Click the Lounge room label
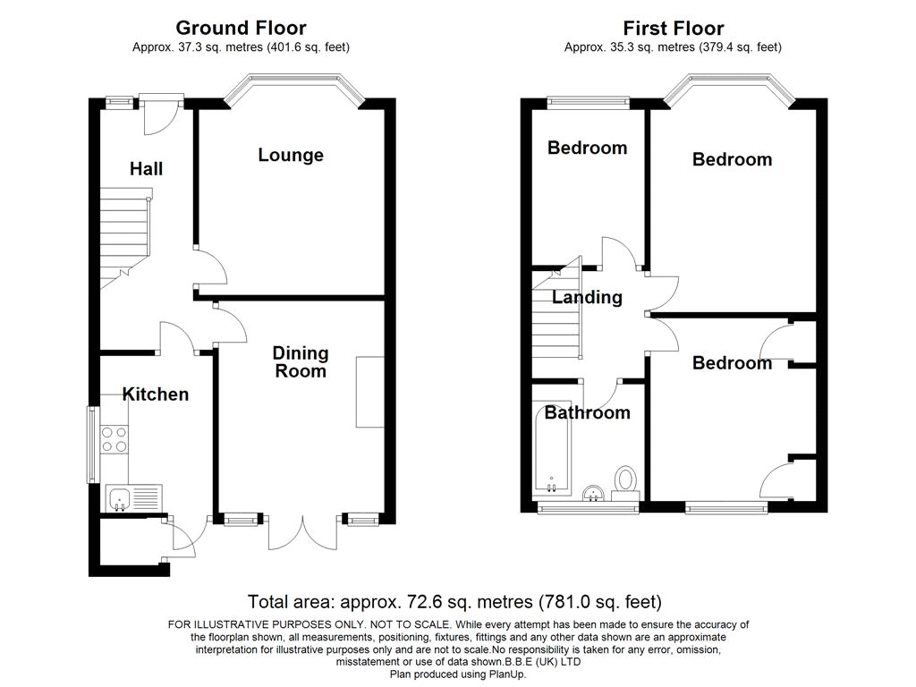click(x=291, y=155)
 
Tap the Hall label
click(x=146, y=169)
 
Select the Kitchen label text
click(x=156, y=394)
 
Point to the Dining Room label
click(x=301, y=362)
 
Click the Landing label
click(x=587, y=297)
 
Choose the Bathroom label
click(x=587, y=413)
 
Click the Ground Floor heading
click(x=241, y=28)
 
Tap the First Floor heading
click(x=673, y=28)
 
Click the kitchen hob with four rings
click(x=114, y=440)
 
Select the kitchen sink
click(x=134, y=497)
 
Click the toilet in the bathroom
click(x=625, y=483)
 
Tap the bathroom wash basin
click(x=595, y=494)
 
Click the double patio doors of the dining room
click(x=302, y=532)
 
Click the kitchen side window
click(x=92, y=445)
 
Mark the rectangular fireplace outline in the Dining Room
click(x=369, y=392)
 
